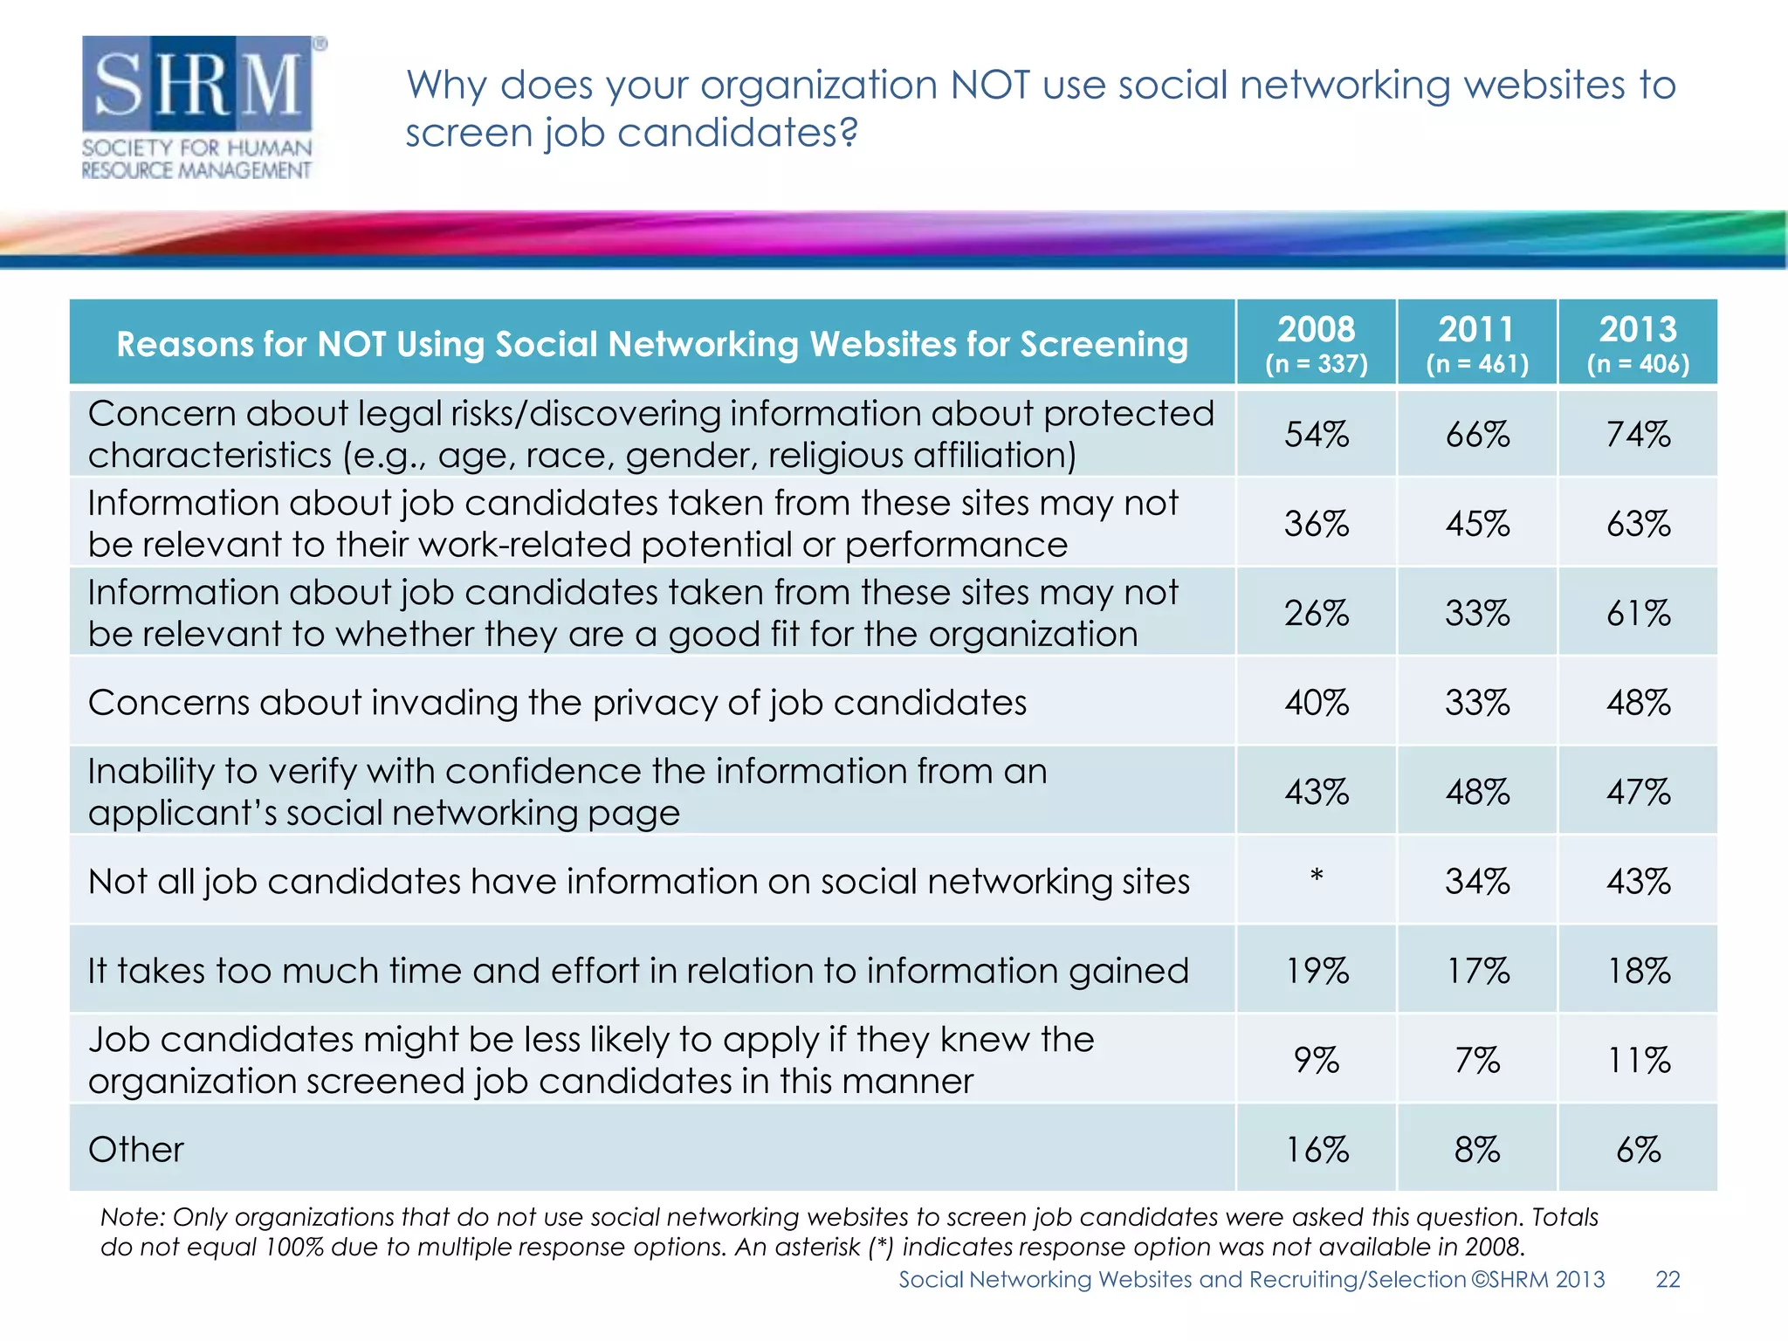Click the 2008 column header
[x=1316, y=342]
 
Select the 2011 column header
[x=1476, y=342]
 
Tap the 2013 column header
[x=1638, y=342]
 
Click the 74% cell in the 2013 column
[x=1638, y=435]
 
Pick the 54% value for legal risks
[x=1316, y=435]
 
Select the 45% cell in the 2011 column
[x=1476, y=524]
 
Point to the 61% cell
[x=1638, y=614]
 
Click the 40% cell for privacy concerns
[x=1316, y=703]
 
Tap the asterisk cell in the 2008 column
[x=1316, y=876]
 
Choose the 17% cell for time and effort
[x=1476, y=971]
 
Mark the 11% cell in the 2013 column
[x=1638, y=1061]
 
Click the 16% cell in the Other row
[x=1316, y=1150]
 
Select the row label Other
[x=136, y=1150]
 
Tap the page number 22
[x=1668, y=1280]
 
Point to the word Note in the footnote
[x=131, y=1217]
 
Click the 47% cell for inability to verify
[x=1638, y=793]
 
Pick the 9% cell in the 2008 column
[x=1316, y=1061]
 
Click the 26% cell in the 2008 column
[x=1316, y=614]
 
